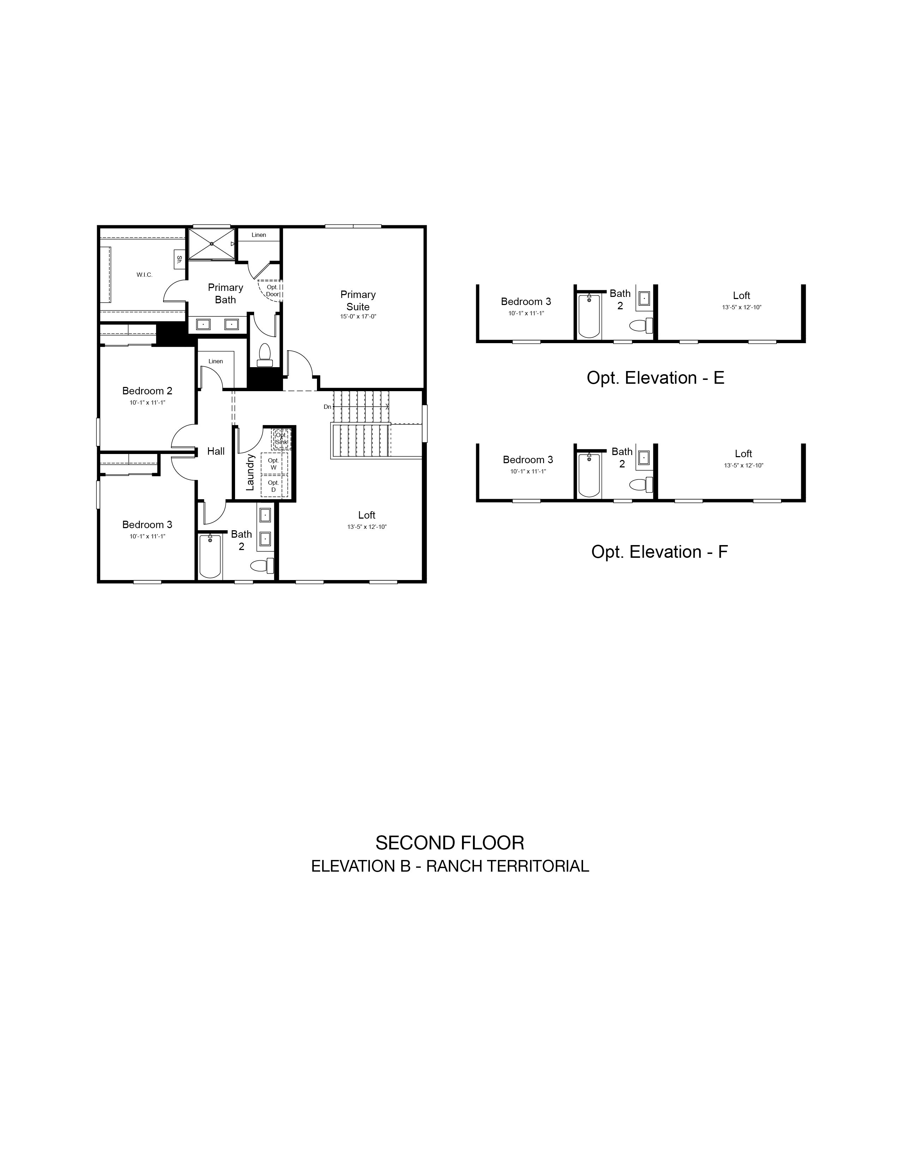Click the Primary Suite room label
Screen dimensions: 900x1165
point(358,301)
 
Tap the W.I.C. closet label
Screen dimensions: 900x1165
point(144,275)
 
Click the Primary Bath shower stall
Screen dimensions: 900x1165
point(212,244)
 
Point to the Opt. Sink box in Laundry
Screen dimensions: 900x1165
point(281,438)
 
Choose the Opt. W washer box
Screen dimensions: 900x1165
point(274,464)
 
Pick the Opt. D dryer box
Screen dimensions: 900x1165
point(274,486)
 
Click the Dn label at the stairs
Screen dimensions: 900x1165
point(328,407)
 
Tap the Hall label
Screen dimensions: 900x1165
point(216,451)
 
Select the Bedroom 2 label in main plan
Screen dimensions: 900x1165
point(147,391)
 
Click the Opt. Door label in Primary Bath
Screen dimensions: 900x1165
point(272,291)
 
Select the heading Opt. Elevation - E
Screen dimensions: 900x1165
point(656,378)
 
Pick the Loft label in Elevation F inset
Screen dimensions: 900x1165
point(743,454)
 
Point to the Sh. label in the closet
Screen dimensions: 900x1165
point(179,260)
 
